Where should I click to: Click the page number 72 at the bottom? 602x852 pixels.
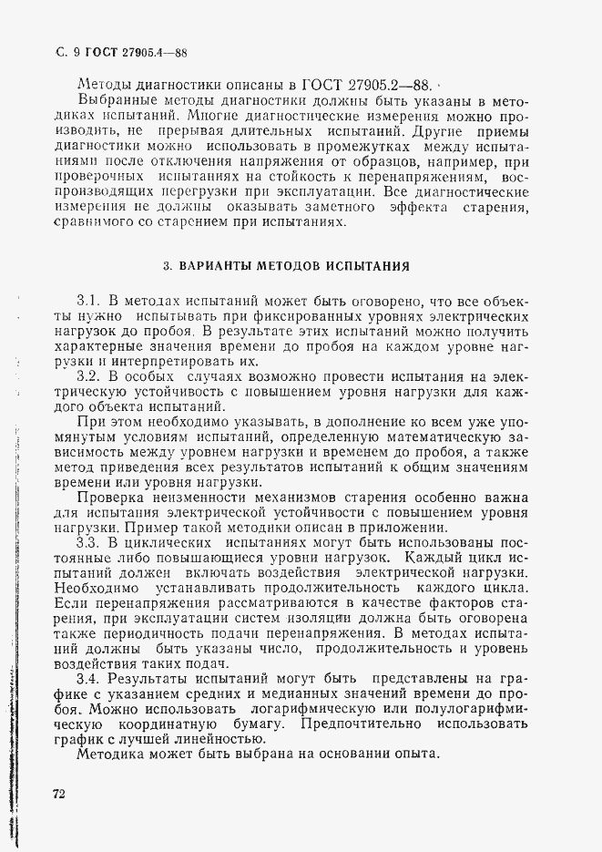60,795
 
